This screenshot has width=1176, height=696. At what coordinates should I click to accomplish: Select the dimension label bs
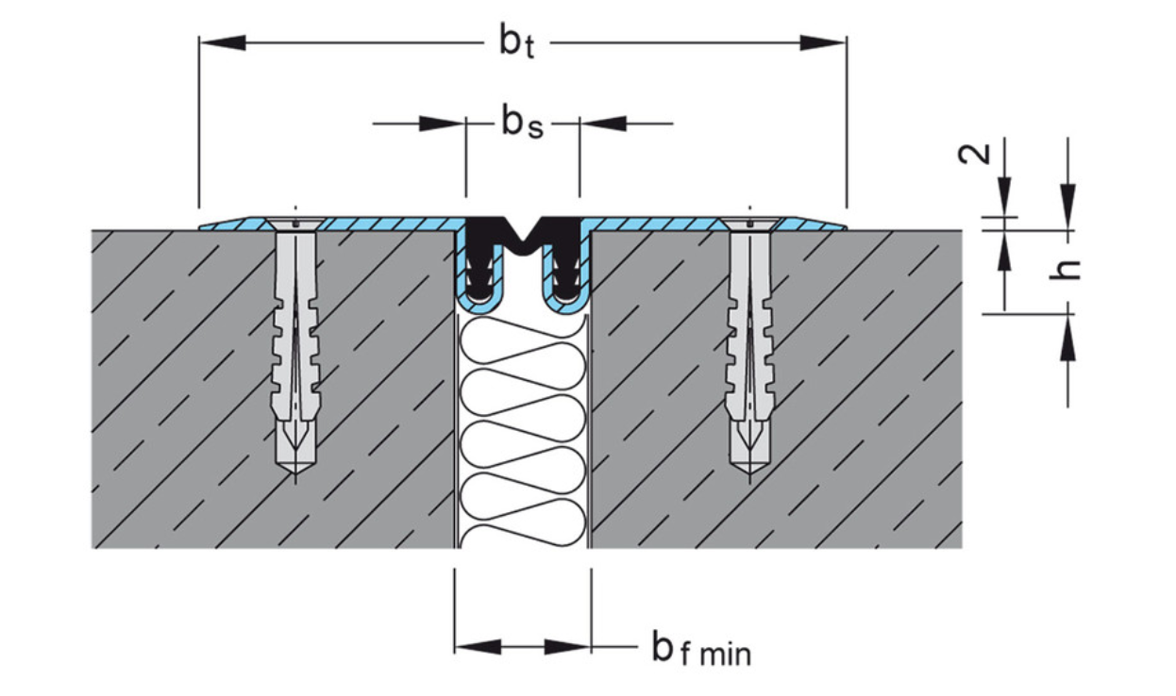pyautogui.click(x=522, y=123)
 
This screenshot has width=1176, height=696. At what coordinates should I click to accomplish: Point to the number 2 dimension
pyautogui.click(x=977, y=153)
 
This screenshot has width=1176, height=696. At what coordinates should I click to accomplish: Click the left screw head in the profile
pyautogui.click(x=295, y=224)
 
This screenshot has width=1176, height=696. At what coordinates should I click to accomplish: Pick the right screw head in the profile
pyautogui.click(x=748, y=224)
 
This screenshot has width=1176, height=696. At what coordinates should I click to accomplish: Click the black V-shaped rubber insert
pyautogui.click(x=523, y=236)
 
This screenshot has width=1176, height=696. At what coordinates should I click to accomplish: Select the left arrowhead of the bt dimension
pyautogui.click(x=223, y=42)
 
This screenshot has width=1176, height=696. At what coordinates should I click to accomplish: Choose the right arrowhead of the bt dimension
pyautogui.click(x=822, y=42)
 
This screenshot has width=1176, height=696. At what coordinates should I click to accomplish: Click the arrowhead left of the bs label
pyautogui.click(x=443, y=123)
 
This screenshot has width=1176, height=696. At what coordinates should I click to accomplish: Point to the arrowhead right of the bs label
pyautogui.click(x=602, y=123)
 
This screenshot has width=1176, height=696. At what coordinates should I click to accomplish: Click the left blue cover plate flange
pyautogui.click(x=378, y=224)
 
